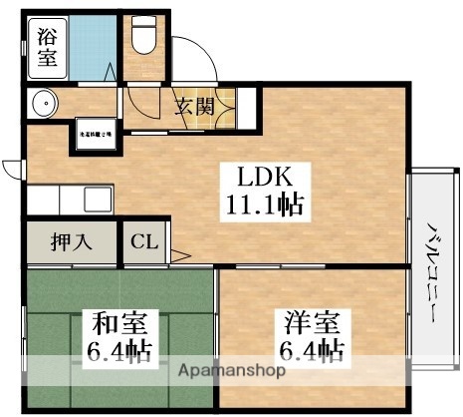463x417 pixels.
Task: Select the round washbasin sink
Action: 43,103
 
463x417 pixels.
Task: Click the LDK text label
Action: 263,178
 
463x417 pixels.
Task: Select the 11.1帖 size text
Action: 263,208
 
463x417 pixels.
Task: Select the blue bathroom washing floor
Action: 95,45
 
